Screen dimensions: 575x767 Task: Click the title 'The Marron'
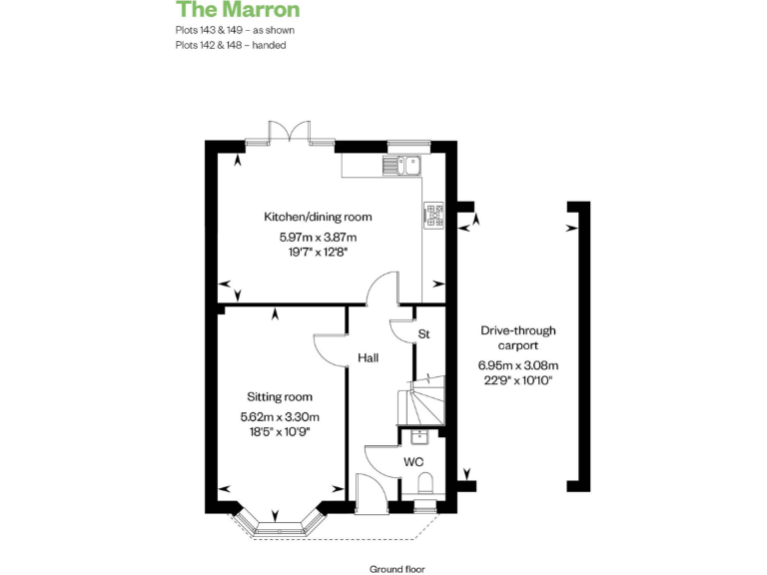[x=238, y=11]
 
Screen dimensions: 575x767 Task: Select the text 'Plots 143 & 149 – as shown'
[x=235, y=30]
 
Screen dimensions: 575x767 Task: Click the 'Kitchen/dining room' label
[x=318, y=217]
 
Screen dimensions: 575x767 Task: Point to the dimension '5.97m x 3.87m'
[x=318, y=238]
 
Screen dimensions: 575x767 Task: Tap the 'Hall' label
[x=367, y=356]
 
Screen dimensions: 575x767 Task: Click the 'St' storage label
[x=423, y=334]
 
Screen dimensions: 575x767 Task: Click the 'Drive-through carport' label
[x=518, y=337]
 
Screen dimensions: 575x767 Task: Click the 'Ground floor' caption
[x=396, y=569]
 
